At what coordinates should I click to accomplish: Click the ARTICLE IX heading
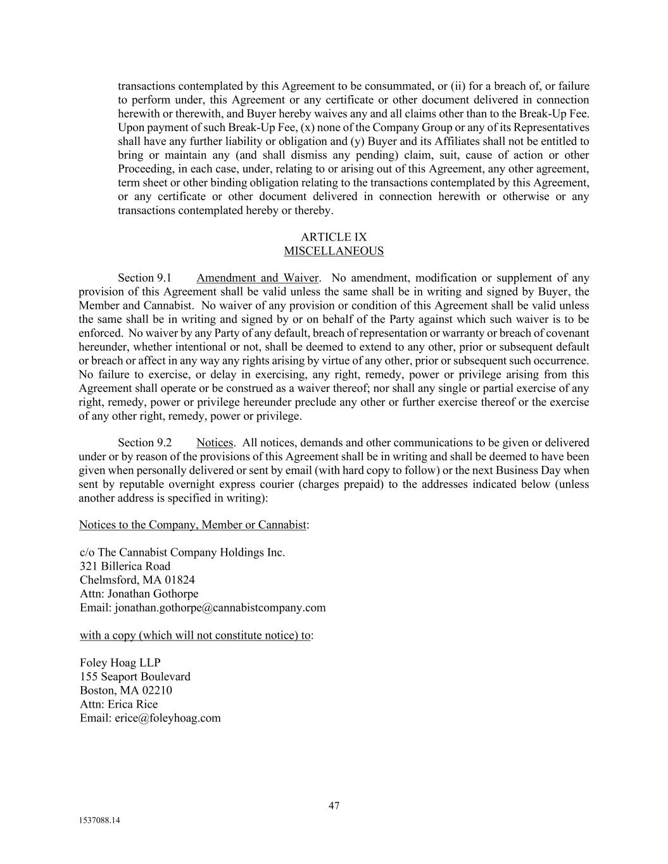pos(334,237)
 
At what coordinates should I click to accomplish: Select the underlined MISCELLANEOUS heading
pos(334,251)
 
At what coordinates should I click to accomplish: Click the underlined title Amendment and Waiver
pos(257,278)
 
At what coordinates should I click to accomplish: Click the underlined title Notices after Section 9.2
pos(215,443)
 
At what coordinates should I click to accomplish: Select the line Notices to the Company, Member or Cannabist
pos(192,525)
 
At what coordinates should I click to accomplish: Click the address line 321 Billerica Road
pos(125,567)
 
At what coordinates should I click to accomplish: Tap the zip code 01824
pos(179,580)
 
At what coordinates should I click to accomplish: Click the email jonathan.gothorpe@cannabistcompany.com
pos(220,608)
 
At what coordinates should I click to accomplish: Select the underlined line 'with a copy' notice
pos(195,635)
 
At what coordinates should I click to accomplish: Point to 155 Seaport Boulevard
pos(135,677)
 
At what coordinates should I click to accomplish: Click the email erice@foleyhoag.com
pos(167,718)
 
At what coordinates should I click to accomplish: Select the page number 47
pos(334,806)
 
